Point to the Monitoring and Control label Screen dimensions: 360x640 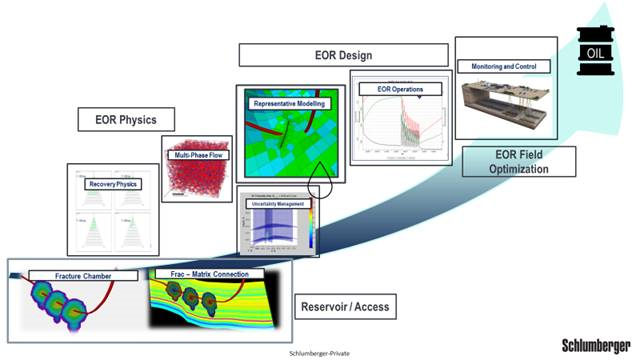coord(505,66)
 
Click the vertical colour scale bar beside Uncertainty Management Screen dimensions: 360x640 coord(311,228)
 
